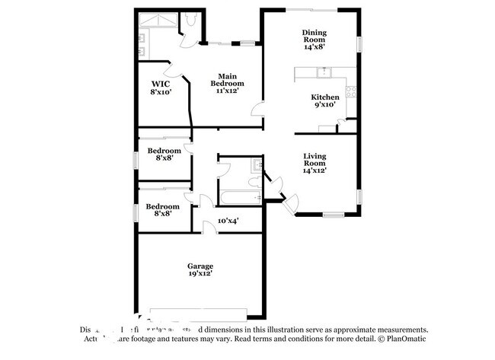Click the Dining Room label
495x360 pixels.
coord(314,38)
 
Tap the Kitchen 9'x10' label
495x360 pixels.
coord(324,101)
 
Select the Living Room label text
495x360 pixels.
coord(315,164)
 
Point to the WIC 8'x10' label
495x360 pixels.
coord(161,87)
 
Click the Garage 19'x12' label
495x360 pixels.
coord(201,270)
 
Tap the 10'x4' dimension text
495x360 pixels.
coord(228,221)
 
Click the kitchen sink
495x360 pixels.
coord(324,73)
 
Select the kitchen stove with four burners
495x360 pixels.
coord(352,93)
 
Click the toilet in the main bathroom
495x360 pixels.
coord(190,24)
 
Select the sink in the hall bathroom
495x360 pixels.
coord(257,166)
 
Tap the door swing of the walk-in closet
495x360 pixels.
coord(176,70)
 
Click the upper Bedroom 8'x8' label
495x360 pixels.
coord(164,154)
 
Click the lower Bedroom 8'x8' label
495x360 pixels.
coord(163,210)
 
